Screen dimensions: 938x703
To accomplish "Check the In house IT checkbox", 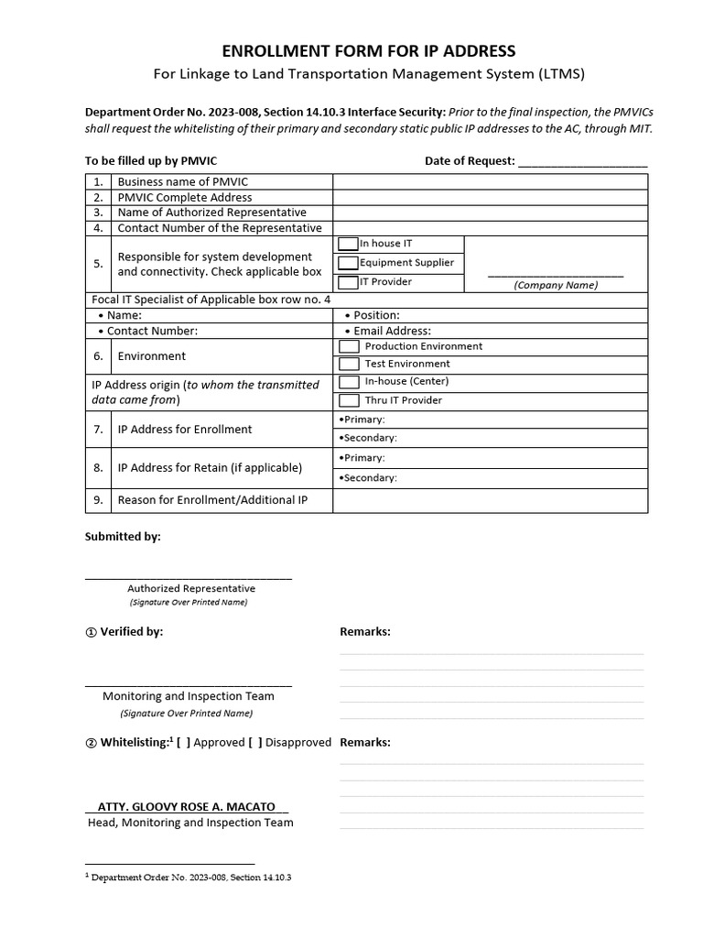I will (348, 244).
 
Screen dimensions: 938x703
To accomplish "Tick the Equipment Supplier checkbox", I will (348, 263).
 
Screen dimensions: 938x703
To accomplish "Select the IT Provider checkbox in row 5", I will (348, 282).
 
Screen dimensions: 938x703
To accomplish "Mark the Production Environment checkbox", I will (349, 346).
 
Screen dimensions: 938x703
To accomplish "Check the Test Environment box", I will (349, 364).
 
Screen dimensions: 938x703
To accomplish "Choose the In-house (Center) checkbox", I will (349, 382).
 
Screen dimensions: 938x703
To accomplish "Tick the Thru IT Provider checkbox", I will (349, 400).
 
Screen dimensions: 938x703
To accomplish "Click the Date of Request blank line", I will (582, 162).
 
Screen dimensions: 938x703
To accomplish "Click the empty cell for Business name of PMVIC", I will (490, 181).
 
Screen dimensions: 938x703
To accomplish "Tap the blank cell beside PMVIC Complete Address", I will (490, 197).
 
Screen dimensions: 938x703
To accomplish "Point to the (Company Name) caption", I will (556, 285).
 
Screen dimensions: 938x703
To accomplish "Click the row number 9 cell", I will (98, 500).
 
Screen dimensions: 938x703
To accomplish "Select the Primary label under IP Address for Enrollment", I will (362, 419).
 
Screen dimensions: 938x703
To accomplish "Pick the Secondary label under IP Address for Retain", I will (368, 477).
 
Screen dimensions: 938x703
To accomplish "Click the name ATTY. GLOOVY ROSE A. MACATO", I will (187, 807).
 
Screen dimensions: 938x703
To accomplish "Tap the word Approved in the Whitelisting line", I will (219, 742).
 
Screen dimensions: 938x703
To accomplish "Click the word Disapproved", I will (297, 742).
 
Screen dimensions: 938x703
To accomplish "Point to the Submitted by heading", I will (123, 537).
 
